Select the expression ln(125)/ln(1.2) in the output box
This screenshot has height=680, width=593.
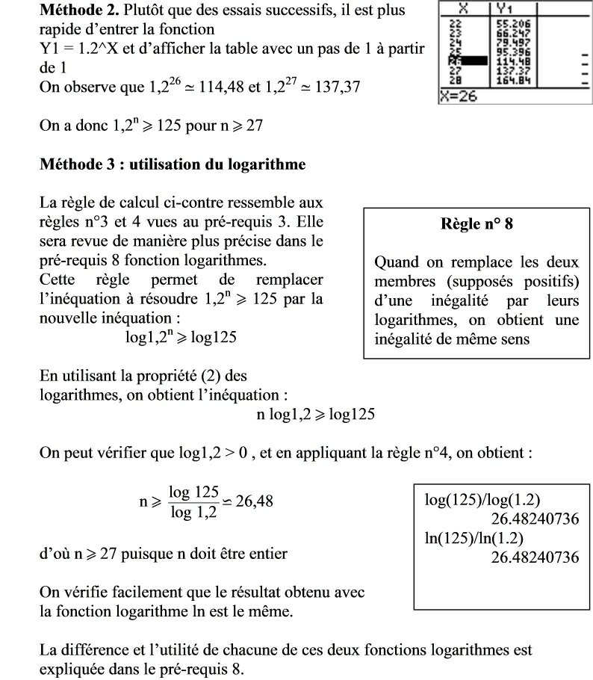[474, 538]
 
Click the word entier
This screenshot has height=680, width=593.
[265, 555]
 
